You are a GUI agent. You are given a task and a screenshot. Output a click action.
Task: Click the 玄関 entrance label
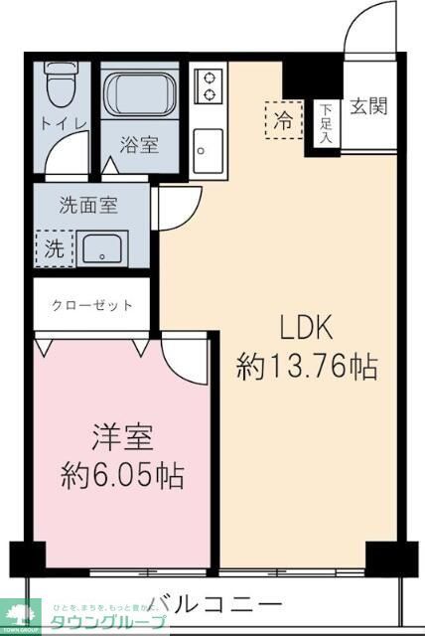[x=368, y=107]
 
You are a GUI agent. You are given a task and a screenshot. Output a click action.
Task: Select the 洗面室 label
[x=88, y=206]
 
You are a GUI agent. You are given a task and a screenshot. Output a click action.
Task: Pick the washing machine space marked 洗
[x=53, y=248]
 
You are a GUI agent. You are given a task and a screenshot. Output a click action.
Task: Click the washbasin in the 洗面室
[x=101, y=248]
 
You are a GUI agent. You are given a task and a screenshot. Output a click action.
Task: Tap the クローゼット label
[x=92, y=304]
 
